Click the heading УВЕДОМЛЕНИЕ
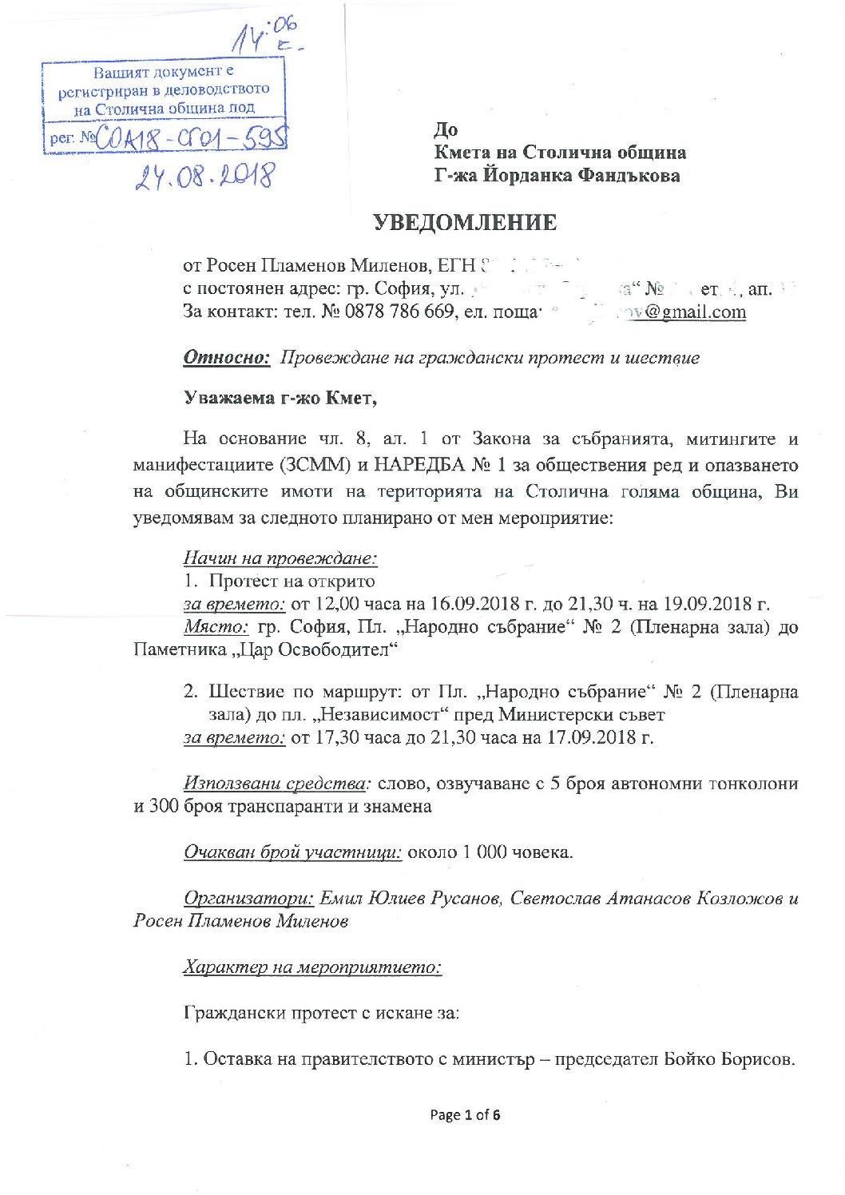tap(466, 222)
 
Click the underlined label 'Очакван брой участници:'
tap(293, 852)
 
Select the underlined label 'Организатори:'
tap(248, 898)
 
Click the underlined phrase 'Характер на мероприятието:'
tap(312, 967)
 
